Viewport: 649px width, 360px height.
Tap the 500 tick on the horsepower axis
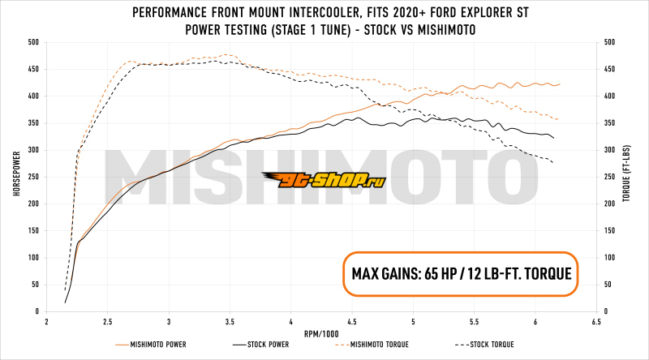(x=32, y=42)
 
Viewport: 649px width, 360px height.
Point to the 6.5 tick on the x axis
(x=597, y=321)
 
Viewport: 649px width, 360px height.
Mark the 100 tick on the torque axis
(x=612, y=258)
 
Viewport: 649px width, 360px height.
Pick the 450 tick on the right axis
(x=612, y=69)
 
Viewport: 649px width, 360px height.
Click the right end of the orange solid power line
(x=560, y=84)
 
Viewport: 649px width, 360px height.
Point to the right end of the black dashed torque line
(x=553, y=163)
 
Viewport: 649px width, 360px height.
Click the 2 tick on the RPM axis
(x=47, y=321)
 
